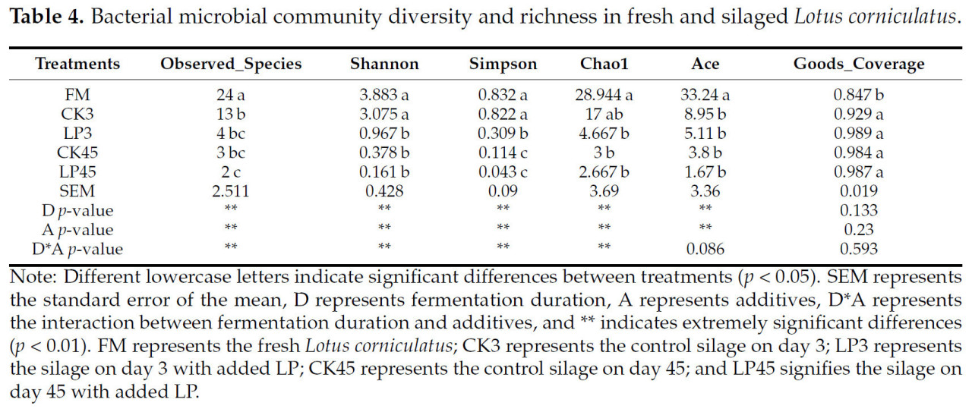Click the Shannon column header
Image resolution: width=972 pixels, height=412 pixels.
point(380,64)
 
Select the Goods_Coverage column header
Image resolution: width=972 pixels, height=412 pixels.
point(859,64)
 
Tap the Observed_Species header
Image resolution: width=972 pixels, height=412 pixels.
point(231,64)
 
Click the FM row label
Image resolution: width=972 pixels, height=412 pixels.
point(77,95)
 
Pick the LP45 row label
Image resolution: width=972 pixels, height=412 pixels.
point(77,171)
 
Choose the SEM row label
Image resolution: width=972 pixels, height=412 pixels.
point(77,190)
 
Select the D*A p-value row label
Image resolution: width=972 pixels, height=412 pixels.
point(77,248)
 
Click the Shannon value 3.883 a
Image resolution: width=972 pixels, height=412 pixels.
point(380,95)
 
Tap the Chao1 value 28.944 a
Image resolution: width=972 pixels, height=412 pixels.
point(604,95)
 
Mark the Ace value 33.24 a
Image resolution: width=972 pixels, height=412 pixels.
point(705,95)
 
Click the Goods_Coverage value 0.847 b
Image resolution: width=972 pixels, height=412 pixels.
point(859,95)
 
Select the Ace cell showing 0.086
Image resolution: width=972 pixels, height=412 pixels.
point(705,248)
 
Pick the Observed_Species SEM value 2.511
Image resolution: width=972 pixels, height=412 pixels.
point(231,190)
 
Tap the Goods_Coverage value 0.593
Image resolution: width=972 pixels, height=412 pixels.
point(859,248)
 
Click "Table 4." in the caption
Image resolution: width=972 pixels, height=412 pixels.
point(42,16)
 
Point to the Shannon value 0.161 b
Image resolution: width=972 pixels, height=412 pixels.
point(380,171)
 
